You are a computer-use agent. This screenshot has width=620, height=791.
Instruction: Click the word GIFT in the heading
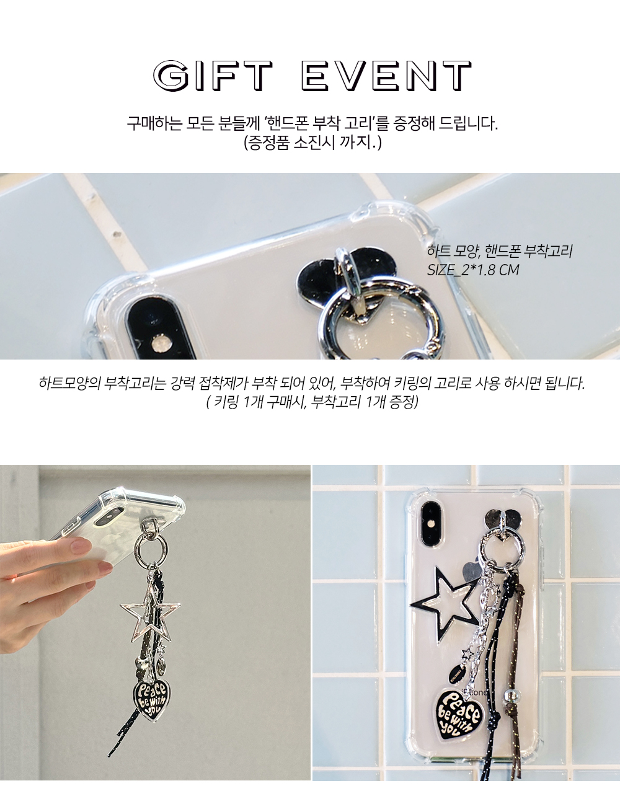tap(213, 76)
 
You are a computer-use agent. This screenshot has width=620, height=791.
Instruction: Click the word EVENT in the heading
tap(387, 76)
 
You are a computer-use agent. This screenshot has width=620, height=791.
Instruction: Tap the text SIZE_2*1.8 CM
tap(473, 270)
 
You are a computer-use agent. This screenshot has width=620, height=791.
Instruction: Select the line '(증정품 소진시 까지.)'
tap(312, 143)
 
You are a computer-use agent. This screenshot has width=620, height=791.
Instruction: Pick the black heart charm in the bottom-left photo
tap(149, 696)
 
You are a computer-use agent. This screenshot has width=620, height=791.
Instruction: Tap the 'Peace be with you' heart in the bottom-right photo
tap(461, 715)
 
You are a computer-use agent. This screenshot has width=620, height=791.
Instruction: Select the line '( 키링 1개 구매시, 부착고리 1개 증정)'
tap(312, 402)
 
